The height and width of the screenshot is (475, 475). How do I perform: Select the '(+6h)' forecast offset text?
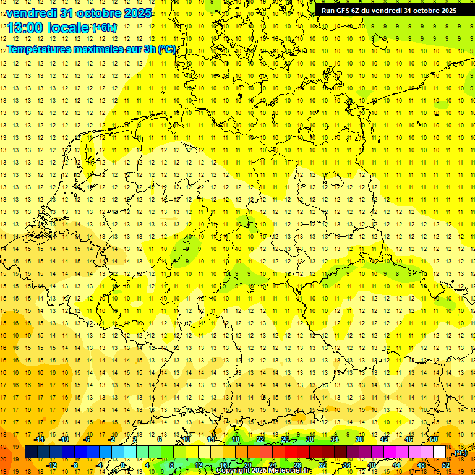pyautogui.click(x=103, y=28)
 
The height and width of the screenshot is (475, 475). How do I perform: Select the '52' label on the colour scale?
pyautogui.click(x=446, y=465)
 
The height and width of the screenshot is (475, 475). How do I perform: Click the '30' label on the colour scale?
pyautogui.click(x=309, y=439)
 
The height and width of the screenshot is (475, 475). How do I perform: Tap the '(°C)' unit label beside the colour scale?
pyautogui.click(x=460, y=453)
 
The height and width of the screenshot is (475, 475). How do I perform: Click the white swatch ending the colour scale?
pyautogui.click(x=440, y=452)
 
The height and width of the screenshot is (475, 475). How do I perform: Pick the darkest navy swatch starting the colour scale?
pyautogui.click(x=31, y=452)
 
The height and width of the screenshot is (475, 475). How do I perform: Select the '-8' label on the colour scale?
pyautogui.click(x=74, y=465)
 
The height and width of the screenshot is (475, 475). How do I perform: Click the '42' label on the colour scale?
pyautogui.click(x=384, y=439)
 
